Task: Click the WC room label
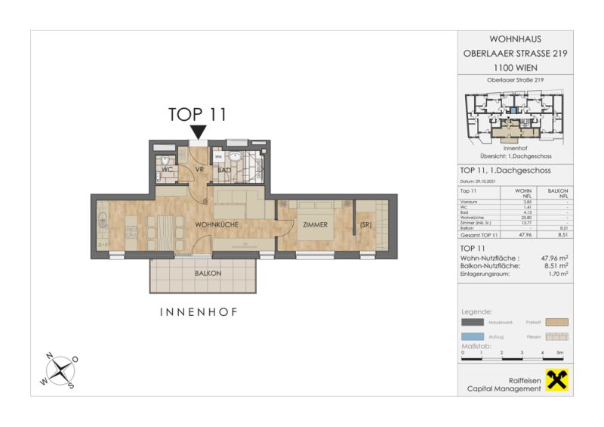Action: click(167, 170)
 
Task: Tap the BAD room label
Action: click(223, 170)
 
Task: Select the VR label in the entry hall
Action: click(200, 170)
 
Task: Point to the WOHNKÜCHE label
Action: click(217, 225)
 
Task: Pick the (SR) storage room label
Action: click(366, 225)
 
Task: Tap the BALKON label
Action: click(208, 273)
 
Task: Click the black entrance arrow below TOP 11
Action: click(198, 133)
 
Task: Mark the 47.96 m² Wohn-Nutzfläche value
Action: click(554, 258)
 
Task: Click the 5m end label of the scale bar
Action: click(559, 353)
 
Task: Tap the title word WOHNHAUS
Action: click(515, 39)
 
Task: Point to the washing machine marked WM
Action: click(218, 157)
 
